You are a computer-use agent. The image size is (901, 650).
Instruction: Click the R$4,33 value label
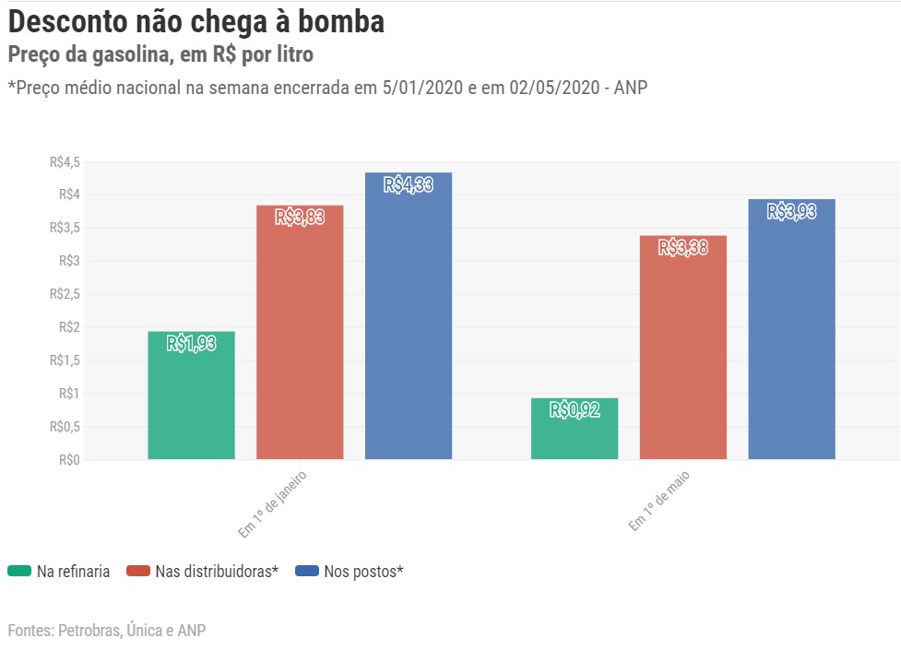pos(409,185)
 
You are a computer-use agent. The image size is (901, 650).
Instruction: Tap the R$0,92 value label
pos(575,410)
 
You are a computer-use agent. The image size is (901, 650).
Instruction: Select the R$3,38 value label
pos(683,247)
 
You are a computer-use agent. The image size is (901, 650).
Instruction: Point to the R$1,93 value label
pos(191,344)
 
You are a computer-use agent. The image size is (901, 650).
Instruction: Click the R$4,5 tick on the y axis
pos(65,162)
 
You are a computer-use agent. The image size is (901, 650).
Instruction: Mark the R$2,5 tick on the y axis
pos(65,294)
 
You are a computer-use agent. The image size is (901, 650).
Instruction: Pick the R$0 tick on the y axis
pos(69,459)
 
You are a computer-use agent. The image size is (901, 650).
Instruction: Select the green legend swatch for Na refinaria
pos(19,571)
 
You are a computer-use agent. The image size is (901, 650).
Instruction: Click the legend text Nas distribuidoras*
pos(217,572)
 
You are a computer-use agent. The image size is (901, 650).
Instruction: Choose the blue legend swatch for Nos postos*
pos(307,571)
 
